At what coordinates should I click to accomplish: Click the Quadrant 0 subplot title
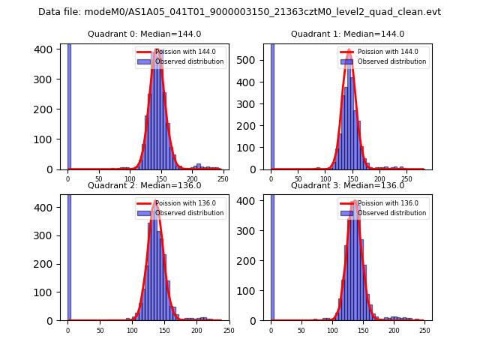pos(144,34)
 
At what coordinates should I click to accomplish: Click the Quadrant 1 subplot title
pos(347,34)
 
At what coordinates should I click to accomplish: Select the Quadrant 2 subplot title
pos(144,185)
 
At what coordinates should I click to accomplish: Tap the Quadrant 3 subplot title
pos(347,185)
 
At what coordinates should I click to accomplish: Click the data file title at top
pos(239,12)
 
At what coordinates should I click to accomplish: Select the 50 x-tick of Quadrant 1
pos(298,179)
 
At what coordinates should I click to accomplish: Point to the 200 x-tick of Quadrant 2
pos(196,330)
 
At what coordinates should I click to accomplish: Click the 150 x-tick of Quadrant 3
pos(363,330)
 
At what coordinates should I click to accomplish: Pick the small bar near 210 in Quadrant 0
pos(199,166)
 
